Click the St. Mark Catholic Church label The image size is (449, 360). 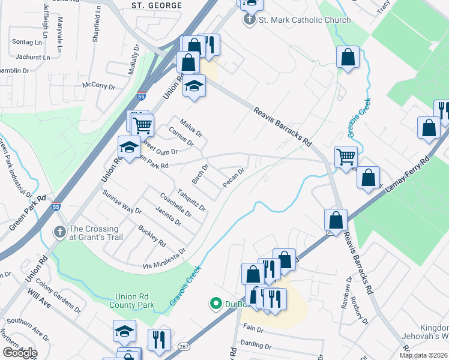[x=304, y=20]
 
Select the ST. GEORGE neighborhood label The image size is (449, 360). [x=157, y=5]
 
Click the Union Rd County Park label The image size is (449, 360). [x=134, y=301]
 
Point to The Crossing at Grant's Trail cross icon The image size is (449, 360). [x=59, y=232]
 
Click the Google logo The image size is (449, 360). [x=19, y=353]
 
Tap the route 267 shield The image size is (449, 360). [x=184, y=347]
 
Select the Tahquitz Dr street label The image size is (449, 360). [x=191, y=200]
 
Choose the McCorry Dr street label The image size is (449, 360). [x=98, y=86]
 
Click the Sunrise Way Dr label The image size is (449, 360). [x=121, y=202]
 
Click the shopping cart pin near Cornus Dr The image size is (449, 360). [x=143, y=125]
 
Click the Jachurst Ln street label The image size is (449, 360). [x=33, y=58]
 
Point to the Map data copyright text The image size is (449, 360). [x=423, y=355]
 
